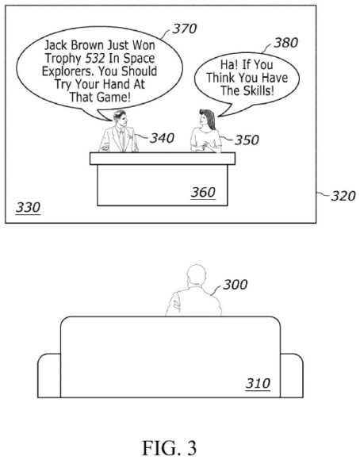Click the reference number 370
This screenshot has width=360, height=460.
(x=185, y=29)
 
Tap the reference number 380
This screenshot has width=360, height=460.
(x=285, y=43)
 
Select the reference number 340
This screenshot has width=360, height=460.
(x=162, y=138)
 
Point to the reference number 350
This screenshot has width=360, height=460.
(x=247, y=140)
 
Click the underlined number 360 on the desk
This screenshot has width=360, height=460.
(x=203, y=193)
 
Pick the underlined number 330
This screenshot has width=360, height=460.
(x=28, y=208)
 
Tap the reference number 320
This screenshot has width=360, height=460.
(x=343, y=196)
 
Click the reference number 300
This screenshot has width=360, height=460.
(x=236, y=285)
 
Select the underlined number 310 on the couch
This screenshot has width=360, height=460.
(x=258, y=383)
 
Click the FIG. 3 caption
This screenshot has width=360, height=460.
(x=169, y=447)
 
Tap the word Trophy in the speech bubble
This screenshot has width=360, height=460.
(x=63, y=59)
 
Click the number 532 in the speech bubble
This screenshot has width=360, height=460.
(x=95, y=58)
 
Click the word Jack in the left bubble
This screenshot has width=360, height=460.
(x=56, y=45)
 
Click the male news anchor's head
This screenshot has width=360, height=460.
(x=120, y=118)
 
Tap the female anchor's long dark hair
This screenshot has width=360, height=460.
(x=209, y=118)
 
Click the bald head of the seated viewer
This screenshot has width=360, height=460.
(x=197, y=274)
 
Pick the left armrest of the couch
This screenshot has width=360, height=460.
(x=49, y=375)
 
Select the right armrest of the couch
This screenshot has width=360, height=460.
(x=292, y=375)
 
